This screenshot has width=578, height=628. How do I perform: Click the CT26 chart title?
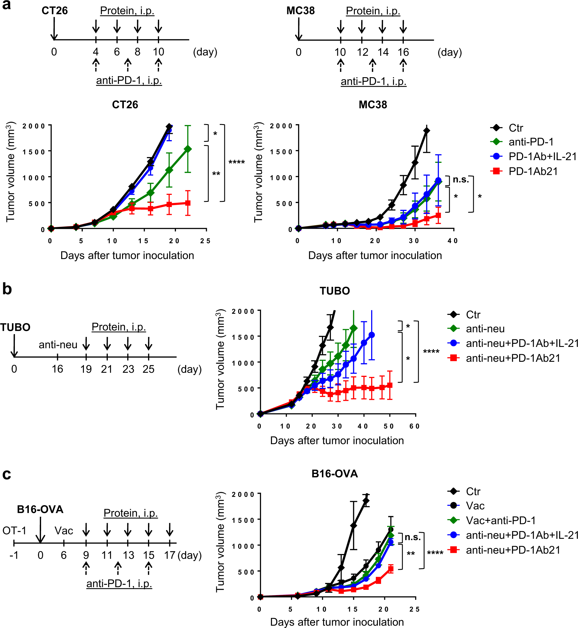125,105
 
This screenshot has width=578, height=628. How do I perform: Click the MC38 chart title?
373,105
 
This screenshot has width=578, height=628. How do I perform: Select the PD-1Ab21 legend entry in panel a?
533,171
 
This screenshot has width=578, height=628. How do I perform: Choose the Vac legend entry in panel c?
475,506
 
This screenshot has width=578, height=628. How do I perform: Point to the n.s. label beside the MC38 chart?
461,179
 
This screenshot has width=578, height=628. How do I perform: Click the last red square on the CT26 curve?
188,203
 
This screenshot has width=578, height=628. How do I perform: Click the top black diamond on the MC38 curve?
427,131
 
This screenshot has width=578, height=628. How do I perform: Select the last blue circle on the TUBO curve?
371,335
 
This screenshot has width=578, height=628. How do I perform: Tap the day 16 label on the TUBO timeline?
58,369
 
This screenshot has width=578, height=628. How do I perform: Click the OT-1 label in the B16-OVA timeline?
14,530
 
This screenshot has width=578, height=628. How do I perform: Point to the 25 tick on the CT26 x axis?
205,241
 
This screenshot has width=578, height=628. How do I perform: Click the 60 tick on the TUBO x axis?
415,426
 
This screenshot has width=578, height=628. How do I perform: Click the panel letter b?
7,289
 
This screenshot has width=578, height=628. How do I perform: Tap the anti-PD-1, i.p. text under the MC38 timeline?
373,81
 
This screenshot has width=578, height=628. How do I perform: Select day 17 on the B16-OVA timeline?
170,555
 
